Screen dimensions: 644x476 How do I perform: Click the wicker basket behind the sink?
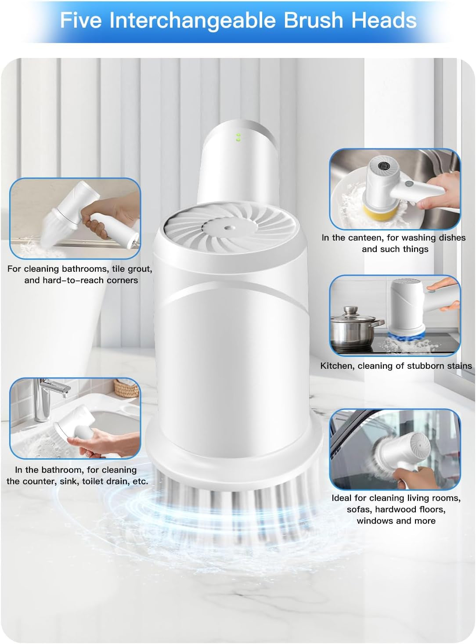point(126,388)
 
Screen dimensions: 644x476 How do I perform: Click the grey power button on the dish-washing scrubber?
point(409,184)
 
